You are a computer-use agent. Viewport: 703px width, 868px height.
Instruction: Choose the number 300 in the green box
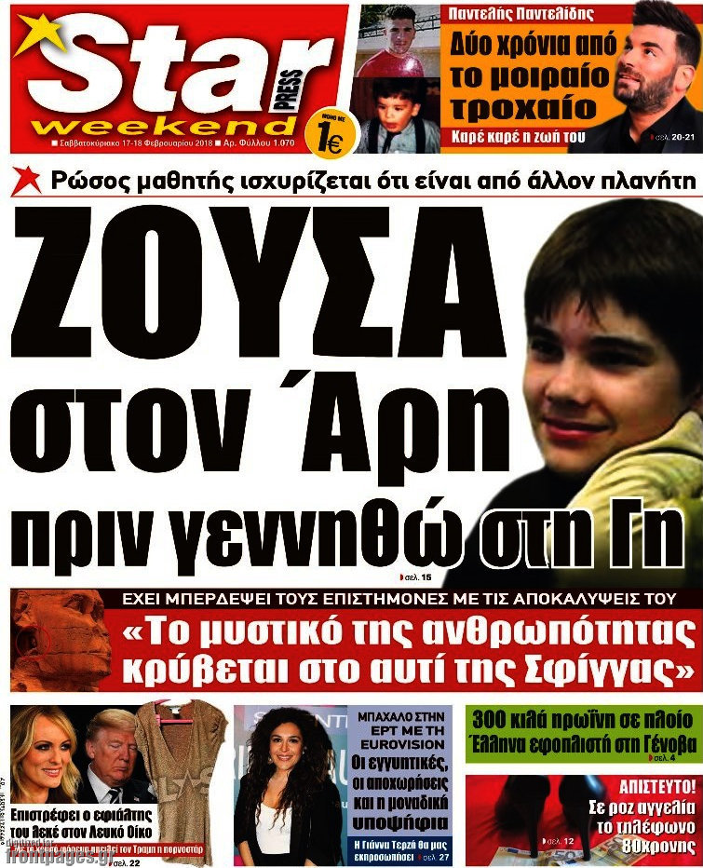[x=494, y=721]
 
